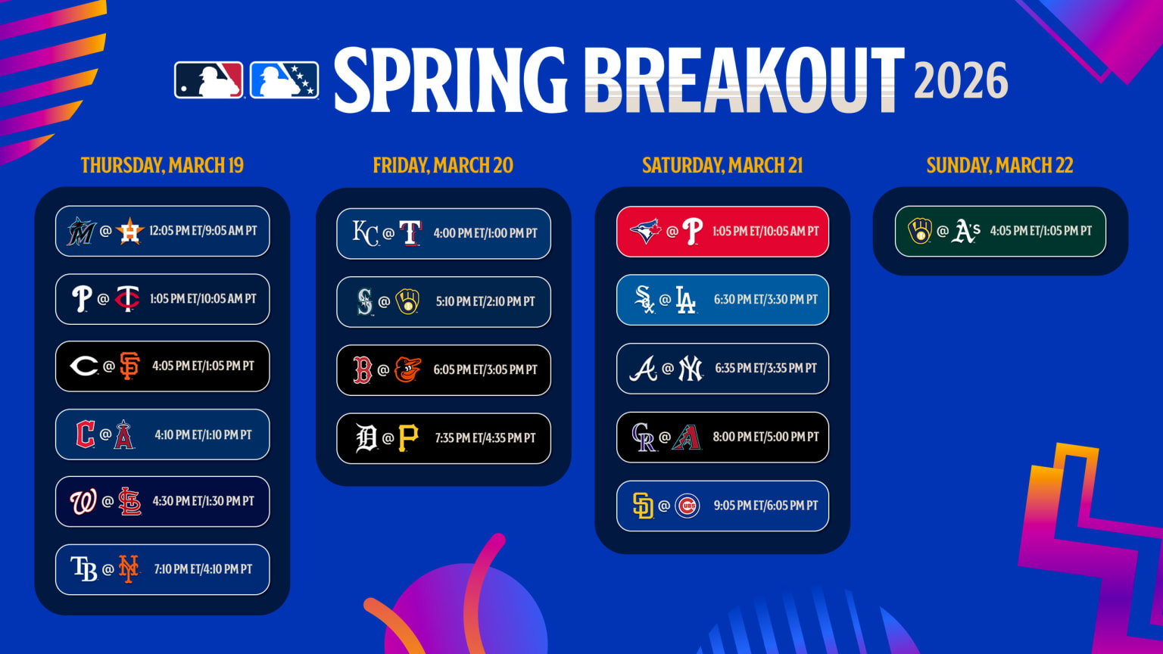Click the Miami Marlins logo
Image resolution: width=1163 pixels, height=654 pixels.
tap(81, 231)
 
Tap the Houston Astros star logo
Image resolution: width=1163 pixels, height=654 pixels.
tap(130, 231)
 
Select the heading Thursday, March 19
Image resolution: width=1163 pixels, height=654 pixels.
tap(162, 166)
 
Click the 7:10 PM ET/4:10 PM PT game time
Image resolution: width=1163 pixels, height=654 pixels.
tap(203, 569)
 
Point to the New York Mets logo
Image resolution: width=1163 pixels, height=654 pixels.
tap(129, 569)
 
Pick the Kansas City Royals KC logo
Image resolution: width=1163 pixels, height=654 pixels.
tap(365, 233)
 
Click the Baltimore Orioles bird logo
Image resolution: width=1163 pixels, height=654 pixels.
tap(408, 369)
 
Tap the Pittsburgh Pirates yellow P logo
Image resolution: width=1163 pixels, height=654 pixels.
tap(408, 438)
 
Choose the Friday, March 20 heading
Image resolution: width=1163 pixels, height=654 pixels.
tap(443, 166)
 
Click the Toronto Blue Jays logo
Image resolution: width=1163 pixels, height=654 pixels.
tap(645, 232)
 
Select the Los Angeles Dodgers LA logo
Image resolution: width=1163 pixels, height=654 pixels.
tap(685, 300)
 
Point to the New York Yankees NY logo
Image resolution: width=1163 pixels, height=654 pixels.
tap(690, 369)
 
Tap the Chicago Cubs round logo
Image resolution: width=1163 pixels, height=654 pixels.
tap(687, 506)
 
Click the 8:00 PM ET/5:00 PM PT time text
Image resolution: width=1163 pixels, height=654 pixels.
tap(765, 437)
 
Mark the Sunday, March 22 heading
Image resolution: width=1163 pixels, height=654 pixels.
tap(999, 166)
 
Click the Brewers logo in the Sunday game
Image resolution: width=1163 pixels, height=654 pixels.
tap(920, 231)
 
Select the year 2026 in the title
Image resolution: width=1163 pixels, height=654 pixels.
tap(961, 82)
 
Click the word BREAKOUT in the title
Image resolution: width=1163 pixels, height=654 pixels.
tap(744, 80)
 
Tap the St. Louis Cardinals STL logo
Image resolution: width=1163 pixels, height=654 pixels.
tap(130, 501)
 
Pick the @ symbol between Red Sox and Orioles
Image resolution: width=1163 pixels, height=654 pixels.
tap(383, 370)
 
